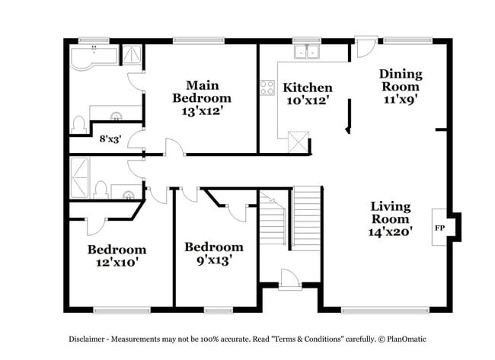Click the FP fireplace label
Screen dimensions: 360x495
pyautogui.click(x=439, y=228)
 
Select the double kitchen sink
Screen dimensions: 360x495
pyautogui.click(x=307, y=52)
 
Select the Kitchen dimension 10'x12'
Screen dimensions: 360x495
pyautogui.click(x=307, y=100)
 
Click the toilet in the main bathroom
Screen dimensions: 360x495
pyautogui.click(x=78, y=123)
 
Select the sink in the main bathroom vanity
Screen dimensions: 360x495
pyautogui.click(x=116, y=116)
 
